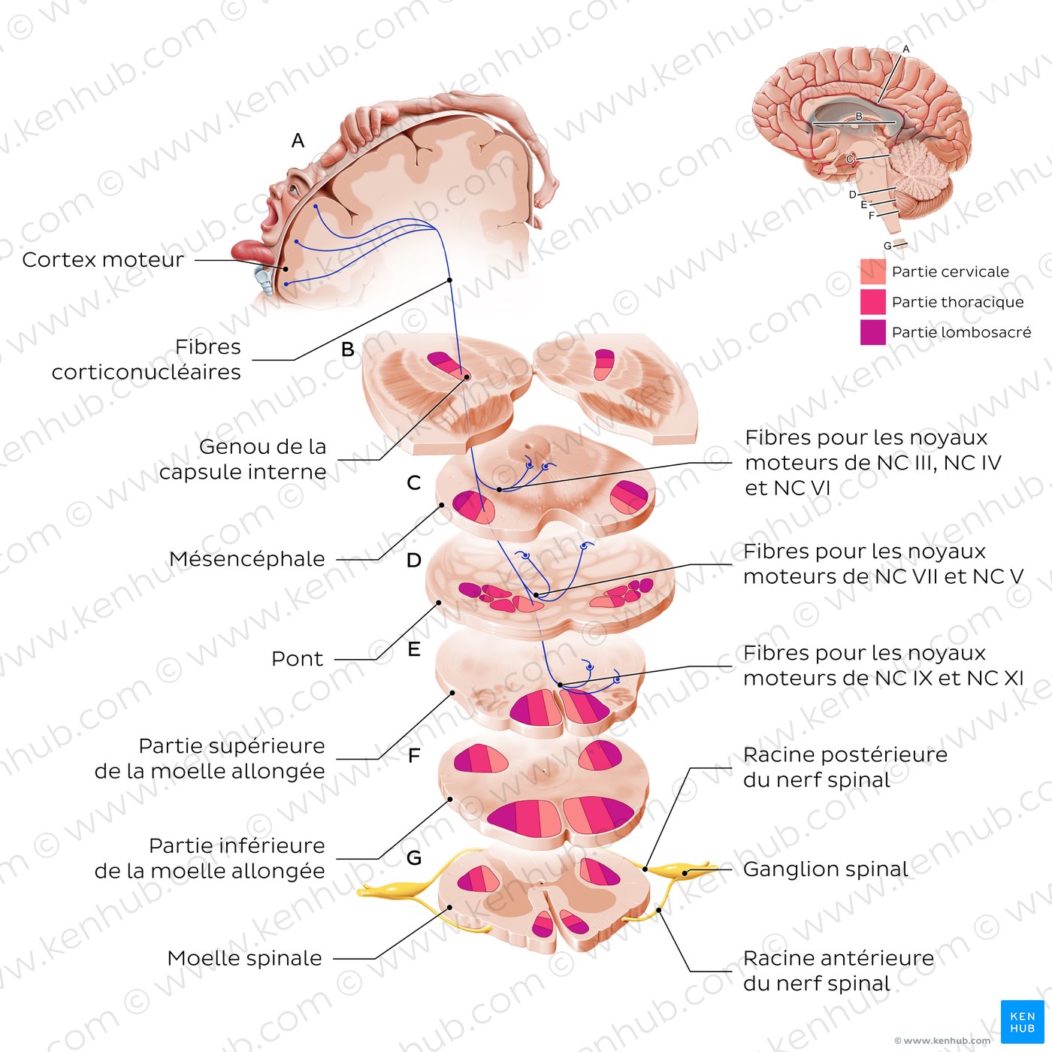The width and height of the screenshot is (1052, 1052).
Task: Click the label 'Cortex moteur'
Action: (103, 260)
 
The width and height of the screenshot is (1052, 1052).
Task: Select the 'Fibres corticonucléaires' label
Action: (147, 359)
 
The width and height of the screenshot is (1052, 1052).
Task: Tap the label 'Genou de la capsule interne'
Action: (243, 459)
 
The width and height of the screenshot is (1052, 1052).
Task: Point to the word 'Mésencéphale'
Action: (247, 559)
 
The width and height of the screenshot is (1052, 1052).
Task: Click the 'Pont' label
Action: (298, 659)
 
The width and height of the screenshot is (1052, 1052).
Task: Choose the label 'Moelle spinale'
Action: (244, 958)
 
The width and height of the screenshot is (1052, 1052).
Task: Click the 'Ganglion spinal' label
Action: (825, 869)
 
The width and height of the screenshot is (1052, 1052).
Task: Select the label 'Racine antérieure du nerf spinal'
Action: (838, 971)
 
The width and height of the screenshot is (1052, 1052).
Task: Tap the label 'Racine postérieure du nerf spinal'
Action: (845, 767)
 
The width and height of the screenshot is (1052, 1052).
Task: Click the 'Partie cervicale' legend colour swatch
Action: (872, 271)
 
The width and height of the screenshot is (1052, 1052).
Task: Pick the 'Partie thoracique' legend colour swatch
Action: (872, 302)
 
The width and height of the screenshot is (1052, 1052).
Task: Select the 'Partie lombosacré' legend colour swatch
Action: (872, 332)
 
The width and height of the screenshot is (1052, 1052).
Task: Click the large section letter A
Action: (298, 141)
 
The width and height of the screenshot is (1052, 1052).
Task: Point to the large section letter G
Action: (413, 857)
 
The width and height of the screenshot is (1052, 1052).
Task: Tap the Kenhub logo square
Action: (1022, 1021)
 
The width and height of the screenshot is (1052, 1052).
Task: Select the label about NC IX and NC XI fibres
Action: (883, 666)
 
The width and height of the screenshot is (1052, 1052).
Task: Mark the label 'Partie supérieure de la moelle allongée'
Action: (210, 758)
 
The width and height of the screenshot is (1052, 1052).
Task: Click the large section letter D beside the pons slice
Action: (413, 561)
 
